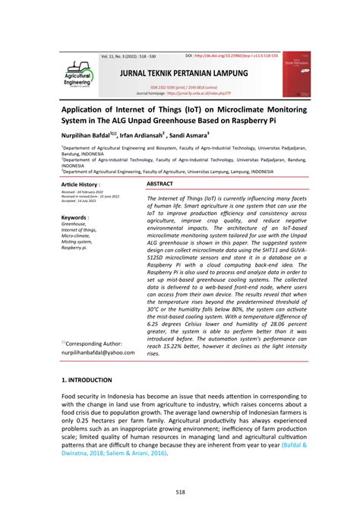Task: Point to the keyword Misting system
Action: click(79, 242)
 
